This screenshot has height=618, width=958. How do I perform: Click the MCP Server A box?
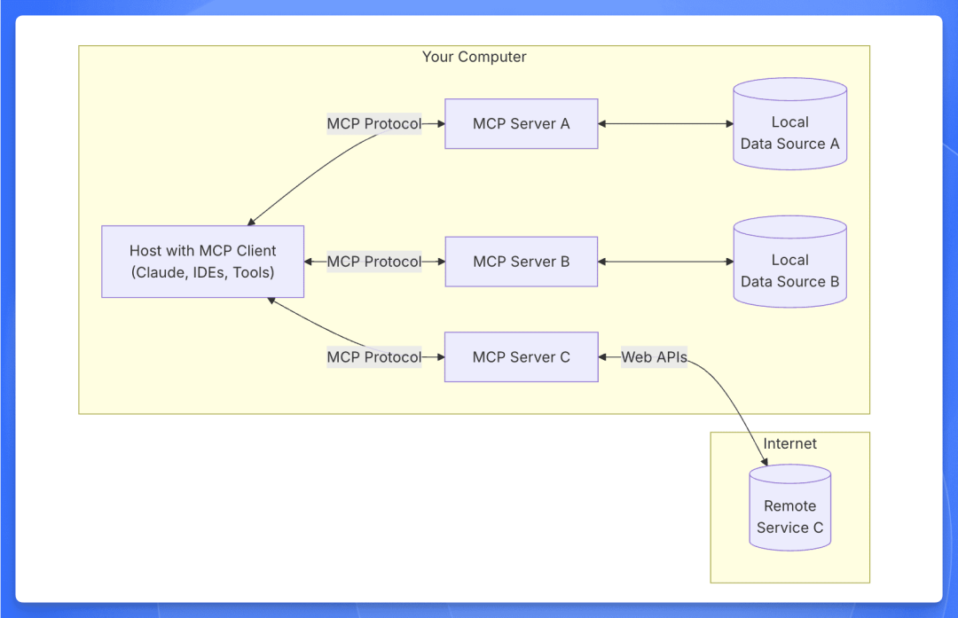[521, 123]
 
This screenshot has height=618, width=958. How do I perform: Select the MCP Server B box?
[521, 262]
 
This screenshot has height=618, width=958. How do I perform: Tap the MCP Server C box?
[521, 357]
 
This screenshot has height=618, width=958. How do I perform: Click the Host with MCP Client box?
[202, 262]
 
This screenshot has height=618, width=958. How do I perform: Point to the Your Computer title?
[474, 57]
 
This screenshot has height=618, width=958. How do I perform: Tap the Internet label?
[789, 443]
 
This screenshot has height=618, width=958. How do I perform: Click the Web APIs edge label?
[654, 357]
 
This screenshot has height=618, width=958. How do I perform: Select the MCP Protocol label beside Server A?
[374, 123]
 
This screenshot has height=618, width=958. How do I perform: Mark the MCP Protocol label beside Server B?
[374, 262]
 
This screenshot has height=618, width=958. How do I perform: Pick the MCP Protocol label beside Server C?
[374, 357]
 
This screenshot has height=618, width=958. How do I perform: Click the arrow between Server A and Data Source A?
[665, 123]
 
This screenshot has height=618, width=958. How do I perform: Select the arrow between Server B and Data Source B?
[665, 262]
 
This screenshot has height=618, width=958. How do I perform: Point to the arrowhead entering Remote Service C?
[764, 461]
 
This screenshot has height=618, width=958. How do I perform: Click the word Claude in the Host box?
[160, 273]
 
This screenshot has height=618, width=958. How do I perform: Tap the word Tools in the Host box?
[253, 273]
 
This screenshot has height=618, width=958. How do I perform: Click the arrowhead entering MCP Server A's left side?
[440, 123]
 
